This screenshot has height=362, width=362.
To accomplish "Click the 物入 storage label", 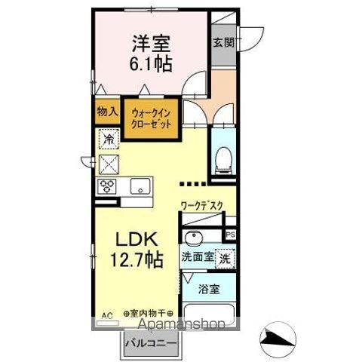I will [107, 111].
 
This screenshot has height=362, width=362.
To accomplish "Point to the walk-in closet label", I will [152, 120].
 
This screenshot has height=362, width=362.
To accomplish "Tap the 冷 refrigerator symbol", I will [109, 139].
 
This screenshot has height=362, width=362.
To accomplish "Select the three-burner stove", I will [106, 186].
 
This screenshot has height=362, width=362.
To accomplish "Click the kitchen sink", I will [140, 186].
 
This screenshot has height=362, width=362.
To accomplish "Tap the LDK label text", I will [137, 239].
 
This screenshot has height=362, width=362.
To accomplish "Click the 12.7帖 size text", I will [137, 260].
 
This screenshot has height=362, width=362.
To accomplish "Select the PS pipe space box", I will [231, 235].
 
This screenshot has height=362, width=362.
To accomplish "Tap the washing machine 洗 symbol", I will [225, 256].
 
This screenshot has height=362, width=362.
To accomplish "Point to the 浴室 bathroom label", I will [210, 288].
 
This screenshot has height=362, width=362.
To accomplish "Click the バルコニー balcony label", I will [152, 344].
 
